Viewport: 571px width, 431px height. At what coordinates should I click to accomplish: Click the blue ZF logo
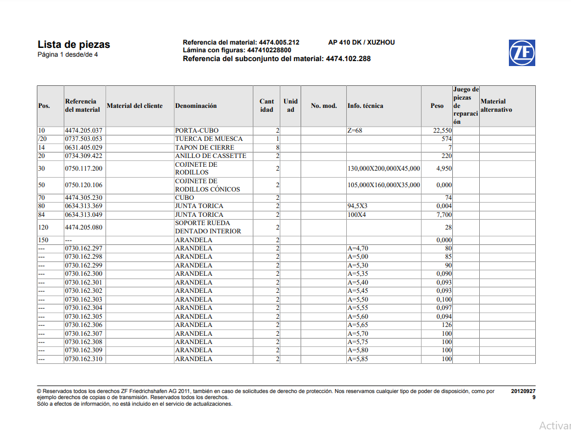pos(522,52)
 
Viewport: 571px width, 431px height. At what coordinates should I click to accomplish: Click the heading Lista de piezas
pos(74,45)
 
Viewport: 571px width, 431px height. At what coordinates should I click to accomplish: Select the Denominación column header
pos(196,106)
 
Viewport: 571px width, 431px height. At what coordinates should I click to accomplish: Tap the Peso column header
pos(437,106)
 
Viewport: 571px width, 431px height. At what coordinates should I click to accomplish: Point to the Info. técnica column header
pos(365,106)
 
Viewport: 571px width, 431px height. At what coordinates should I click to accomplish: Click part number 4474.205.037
pos(84,130)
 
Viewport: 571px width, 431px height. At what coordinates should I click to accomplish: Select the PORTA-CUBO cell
pos(196,130)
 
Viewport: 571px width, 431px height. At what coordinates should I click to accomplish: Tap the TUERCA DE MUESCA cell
pos(208,139)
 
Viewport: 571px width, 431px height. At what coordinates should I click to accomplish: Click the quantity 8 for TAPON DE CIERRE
pos(278,148)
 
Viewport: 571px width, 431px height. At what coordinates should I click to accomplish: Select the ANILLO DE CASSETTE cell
pos(210,156)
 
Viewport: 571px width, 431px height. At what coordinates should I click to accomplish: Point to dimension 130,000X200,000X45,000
pos(384,168)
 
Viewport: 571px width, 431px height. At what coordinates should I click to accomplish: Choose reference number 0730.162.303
pos(84,299)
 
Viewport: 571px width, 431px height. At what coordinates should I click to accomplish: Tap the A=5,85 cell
pos(358,359)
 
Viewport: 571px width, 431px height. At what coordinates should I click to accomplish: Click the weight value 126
pos(446,325)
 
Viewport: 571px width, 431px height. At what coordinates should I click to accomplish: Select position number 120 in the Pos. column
pos(43,227)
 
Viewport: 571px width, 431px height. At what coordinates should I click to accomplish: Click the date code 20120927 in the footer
pos(523,391)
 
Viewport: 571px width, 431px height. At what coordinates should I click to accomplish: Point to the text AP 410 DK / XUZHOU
pos(361,42)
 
